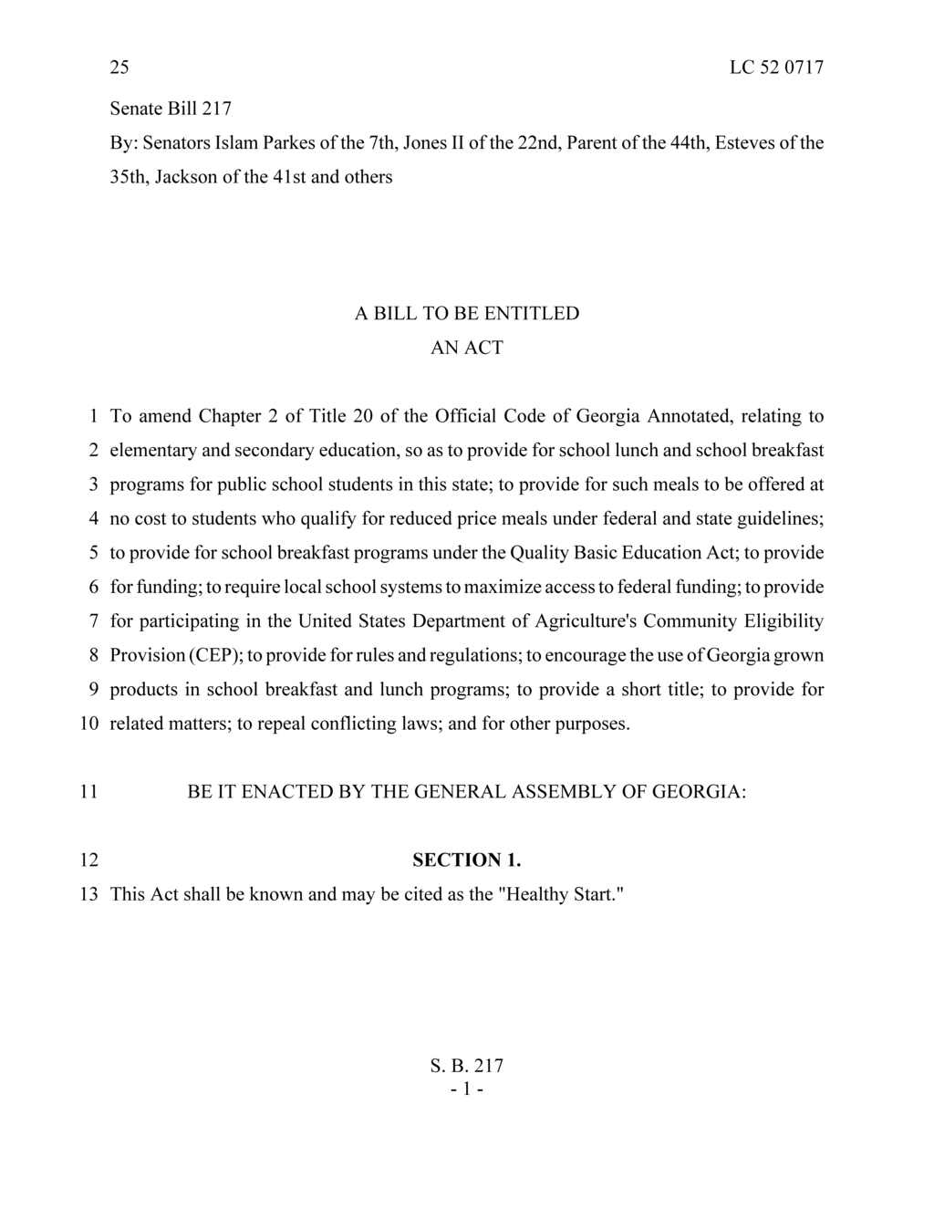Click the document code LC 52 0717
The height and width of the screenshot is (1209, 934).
click(776, 68)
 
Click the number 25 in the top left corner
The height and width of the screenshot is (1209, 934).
click(119, 68)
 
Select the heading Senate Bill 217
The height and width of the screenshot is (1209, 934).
click(171, 109)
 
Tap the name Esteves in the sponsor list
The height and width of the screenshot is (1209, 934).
click(747, 142)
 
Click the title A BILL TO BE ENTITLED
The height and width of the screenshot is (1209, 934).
click(466, 313)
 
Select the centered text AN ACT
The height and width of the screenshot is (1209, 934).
click(466, 348)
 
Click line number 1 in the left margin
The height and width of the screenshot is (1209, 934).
click(93, 416)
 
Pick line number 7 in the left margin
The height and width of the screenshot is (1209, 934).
click(93, 621)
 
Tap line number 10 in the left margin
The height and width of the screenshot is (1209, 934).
click(88, 724)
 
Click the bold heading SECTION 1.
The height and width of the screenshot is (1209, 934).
click(466, 860)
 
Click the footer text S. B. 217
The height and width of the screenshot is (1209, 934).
click(466, 1066)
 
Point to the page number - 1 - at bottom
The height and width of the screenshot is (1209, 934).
click(466, 1089)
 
